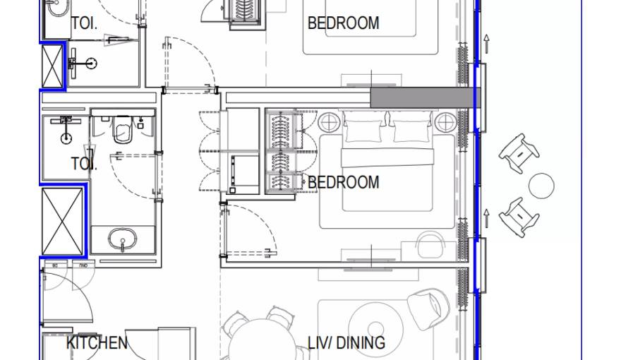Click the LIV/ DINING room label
coord(346,343)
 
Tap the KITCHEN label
coord(97,343)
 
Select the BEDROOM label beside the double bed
coord(343,182)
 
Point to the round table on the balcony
coord(541,186)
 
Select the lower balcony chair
coord(519,216)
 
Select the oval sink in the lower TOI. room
coord(123,241)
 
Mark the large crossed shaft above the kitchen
coord(64,221)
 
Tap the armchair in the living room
coord(428,307)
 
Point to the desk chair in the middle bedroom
coord(430,246)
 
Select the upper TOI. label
coord(83,23)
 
